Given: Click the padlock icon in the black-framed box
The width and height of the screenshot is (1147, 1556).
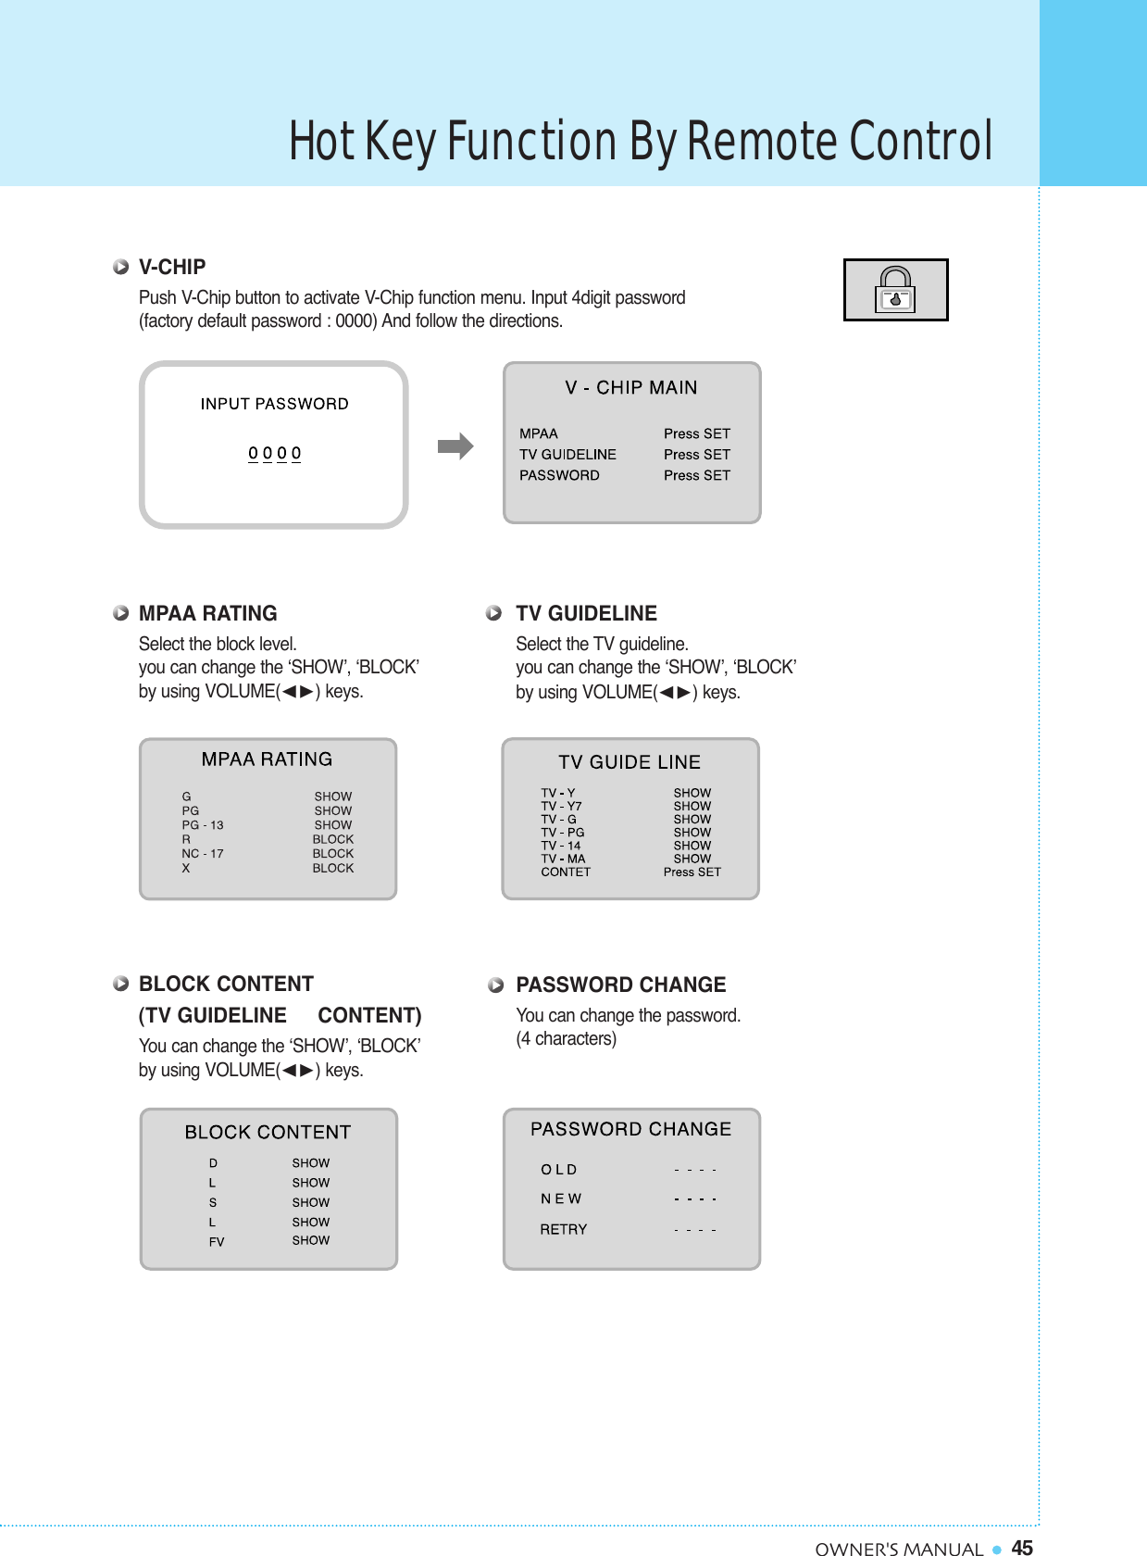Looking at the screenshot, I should click(895, 290).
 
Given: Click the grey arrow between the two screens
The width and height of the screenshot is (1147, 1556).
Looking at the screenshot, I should click(455, 446).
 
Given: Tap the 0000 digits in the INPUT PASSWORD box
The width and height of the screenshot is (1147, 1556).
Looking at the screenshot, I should click(274, 453).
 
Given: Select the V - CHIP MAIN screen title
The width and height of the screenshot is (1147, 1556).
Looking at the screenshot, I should click(631, 387).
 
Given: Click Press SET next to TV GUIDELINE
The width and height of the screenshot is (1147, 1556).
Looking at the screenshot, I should click(696, 454).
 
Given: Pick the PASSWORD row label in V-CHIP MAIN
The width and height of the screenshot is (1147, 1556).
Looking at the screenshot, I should click(559, 475).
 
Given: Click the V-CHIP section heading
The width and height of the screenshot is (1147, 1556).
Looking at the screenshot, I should click(172, 267).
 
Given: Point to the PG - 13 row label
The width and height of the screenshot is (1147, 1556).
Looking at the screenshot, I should click(203, 824).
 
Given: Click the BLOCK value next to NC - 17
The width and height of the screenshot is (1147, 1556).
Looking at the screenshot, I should click(332, 853).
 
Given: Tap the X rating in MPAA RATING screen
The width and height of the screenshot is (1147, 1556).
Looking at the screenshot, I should click(186, 868).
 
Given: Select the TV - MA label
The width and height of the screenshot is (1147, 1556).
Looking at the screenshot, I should click(563, 859).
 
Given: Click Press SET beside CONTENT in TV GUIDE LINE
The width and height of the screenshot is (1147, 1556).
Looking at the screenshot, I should click(692, 872).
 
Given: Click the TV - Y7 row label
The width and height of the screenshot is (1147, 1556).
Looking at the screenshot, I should click(561, 806).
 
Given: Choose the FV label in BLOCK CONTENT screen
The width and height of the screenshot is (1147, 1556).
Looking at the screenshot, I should click(217, 1242).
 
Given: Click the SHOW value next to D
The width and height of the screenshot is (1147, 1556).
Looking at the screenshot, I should click(310, 1162).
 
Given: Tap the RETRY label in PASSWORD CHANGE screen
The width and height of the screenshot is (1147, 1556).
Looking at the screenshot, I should click(564, 1229).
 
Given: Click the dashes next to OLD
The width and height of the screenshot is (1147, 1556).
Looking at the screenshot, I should click(695, 1170).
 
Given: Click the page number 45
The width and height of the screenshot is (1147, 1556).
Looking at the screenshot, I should click(1022, 1547).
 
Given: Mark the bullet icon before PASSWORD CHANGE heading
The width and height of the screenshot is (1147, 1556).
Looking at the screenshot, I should click(496, 985).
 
